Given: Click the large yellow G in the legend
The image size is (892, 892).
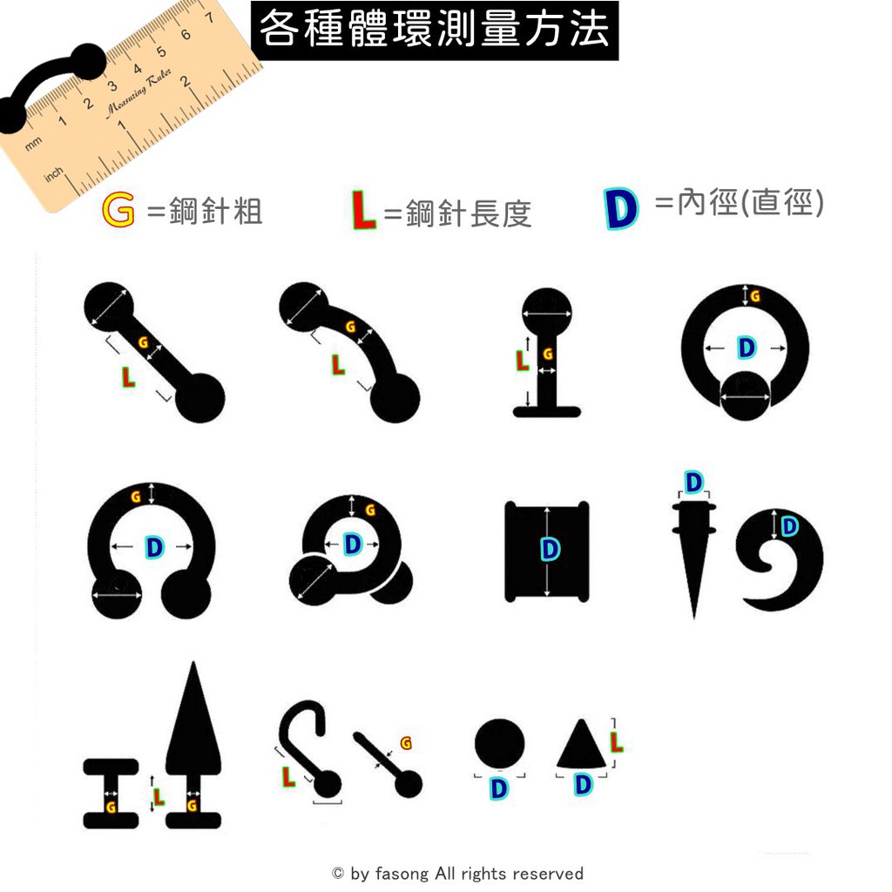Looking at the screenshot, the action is tap(118, 209).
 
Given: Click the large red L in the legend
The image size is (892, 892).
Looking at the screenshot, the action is tap(363, 210).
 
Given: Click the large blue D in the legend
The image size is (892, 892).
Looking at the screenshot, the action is tap(620, 208).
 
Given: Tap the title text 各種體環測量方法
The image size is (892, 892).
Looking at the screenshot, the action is tap(435, 30).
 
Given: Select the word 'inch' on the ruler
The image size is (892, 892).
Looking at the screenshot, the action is tap(53, 174).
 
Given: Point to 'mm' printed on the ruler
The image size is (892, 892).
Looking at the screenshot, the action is tap(33, 144).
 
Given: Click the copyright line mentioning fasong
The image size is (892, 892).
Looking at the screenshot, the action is tap(458, 873).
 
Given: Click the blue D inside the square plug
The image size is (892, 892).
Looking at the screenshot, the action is tap(550, 550).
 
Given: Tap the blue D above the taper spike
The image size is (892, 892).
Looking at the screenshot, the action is tap(693, 483).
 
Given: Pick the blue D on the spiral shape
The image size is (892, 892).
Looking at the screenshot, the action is tap(789, 526).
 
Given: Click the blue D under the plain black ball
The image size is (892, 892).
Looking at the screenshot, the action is tap(498, 788).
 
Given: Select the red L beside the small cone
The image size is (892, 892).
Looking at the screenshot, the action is tap(616, 742).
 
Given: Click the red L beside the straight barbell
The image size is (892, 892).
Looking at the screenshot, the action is tap(129, 376).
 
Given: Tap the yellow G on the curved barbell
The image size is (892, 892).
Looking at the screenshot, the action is tap(350, 327).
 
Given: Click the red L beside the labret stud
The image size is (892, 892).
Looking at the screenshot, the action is tap(522, 360).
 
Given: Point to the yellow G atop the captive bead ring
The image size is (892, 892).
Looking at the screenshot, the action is tap(755, 296).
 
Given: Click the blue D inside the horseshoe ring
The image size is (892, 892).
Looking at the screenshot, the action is tap(154, 547).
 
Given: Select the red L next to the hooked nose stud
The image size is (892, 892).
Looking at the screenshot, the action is tap(289, 776).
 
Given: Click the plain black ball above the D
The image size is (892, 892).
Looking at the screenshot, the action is tap(499, 744).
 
